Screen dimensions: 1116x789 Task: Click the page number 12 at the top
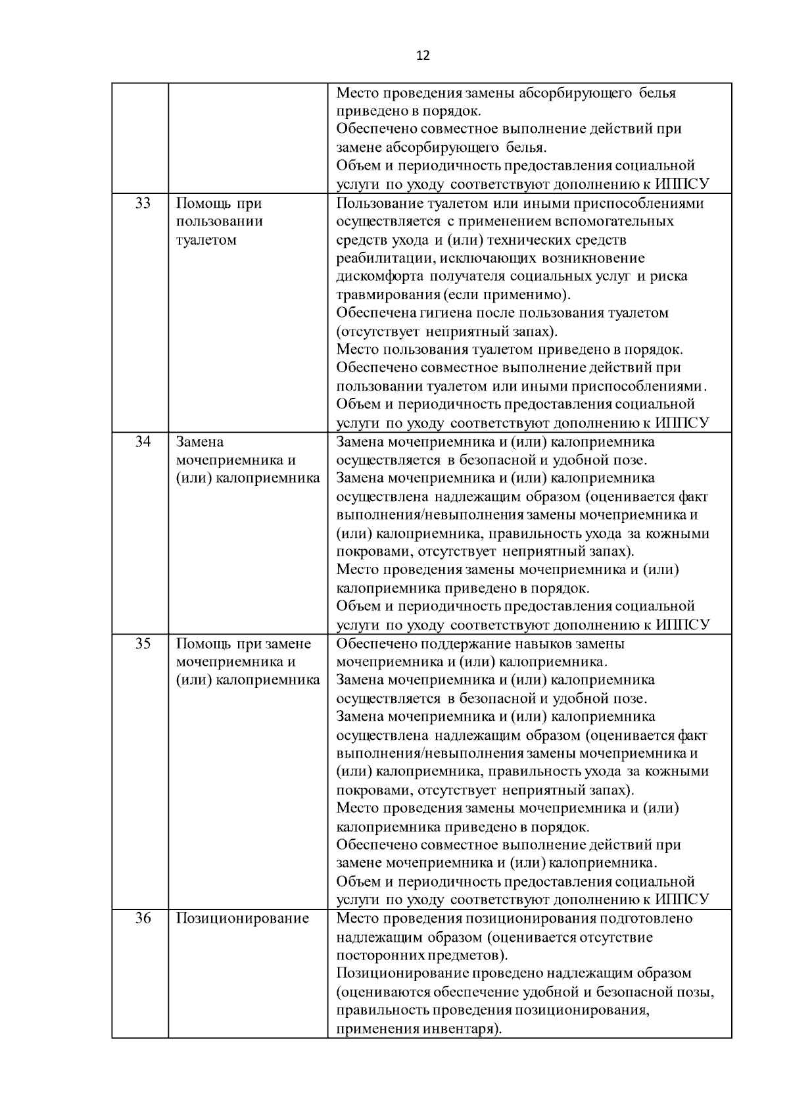tap(423, 55)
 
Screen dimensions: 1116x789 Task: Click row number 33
tap(142, 203)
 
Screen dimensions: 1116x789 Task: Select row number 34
tap(142, 441)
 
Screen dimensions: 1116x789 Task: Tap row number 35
tap(142, 643)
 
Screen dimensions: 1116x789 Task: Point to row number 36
tap(142, 918)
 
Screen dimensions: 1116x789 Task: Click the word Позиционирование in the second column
tap(242, 918)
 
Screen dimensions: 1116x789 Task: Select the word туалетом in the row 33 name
tap(206, 239)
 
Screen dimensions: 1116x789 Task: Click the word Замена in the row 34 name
tap(200, 441)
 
